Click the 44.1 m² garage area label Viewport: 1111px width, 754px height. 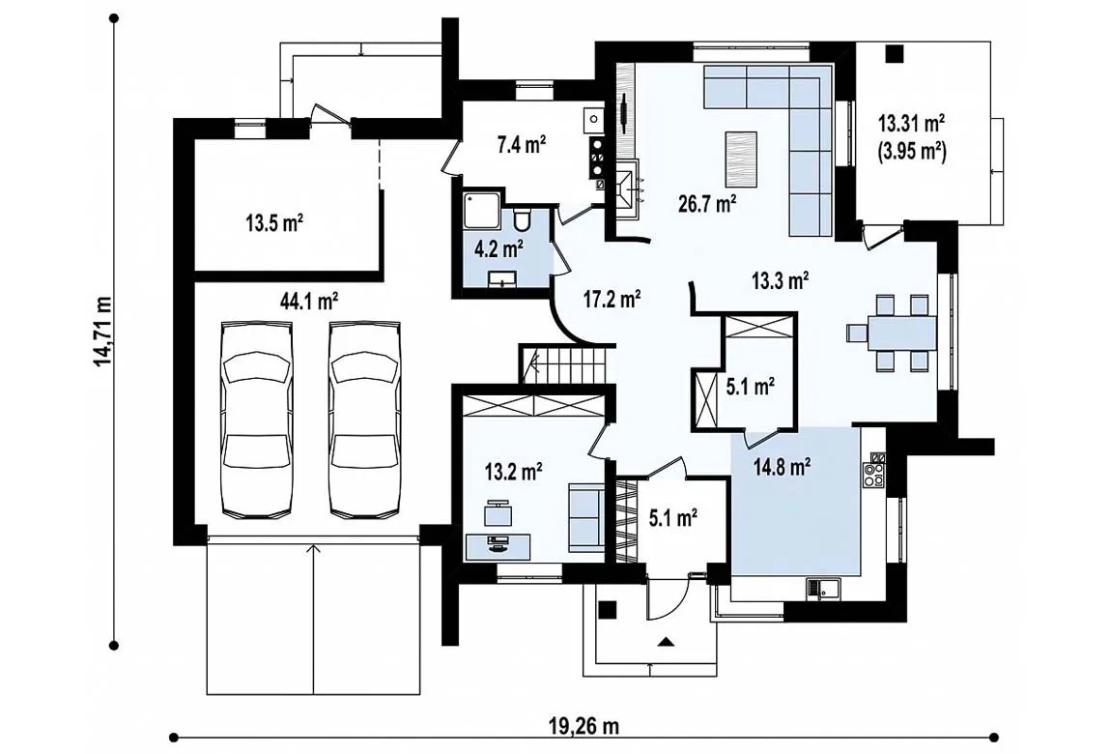tap(309, 302)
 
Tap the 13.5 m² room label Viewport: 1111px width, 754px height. tap(275, 224)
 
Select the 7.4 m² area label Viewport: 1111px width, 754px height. tap(521, 145)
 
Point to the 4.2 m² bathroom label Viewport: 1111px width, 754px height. tap(499, 248)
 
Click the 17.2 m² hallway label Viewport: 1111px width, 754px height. tap(612, 299)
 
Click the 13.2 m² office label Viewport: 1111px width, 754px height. tap(514, 472)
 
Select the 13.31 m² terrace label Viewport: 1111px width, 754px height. tap(912, 124)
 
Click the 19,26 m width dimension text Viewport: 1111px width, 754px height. tap(584, 726)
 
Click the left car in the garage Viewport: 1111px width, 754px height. tap(256, 419)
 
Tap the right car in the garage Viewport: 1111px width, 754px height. tap(364, 419)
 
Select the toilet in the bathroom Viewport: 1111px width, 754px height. tap(522, 219)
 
